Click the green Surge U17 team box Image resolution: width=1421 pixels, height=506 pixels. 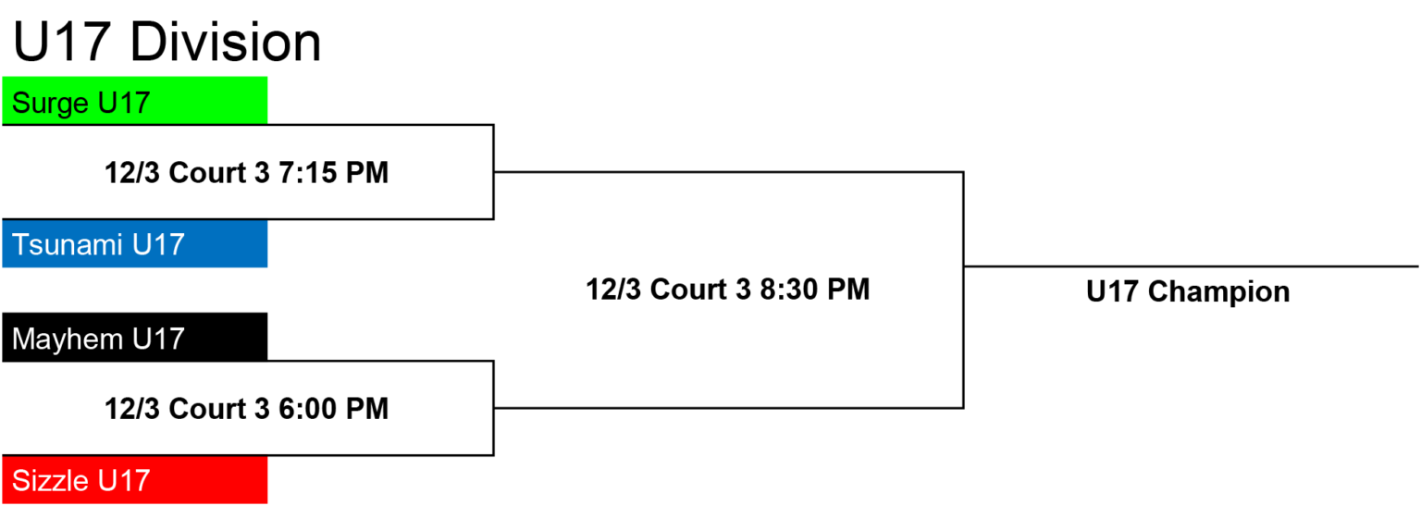point(134,100)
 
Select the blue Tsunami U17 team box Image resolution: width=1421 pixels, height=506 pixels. point(134,243)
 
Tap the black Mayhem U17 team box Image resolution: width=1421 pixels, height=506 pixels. point(134,337)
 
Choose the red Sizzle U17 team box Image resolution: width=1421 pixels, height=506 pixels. point(134,480)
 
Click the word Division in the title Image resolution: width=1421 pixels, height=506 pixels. point(225,42)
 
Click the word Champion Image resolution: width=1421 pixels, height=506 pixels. point(1218,292)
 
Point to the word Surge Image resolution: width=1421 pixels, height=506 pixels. point(50,104)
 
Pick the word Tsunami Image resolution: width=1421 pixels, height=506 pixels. point(68,244)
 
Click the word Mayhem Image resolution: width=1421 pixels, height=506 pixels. point(68,339)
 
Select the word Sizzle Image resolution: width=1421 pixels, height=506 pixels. point(50,480)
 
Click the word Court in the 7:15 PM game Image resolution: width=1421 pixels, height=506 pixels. point(208,172)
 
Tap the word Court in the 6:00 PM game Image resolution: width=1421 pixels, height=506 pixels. point(208,408)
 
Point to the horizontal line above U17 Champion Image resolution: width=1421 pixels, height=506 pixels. point(1191,266)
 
